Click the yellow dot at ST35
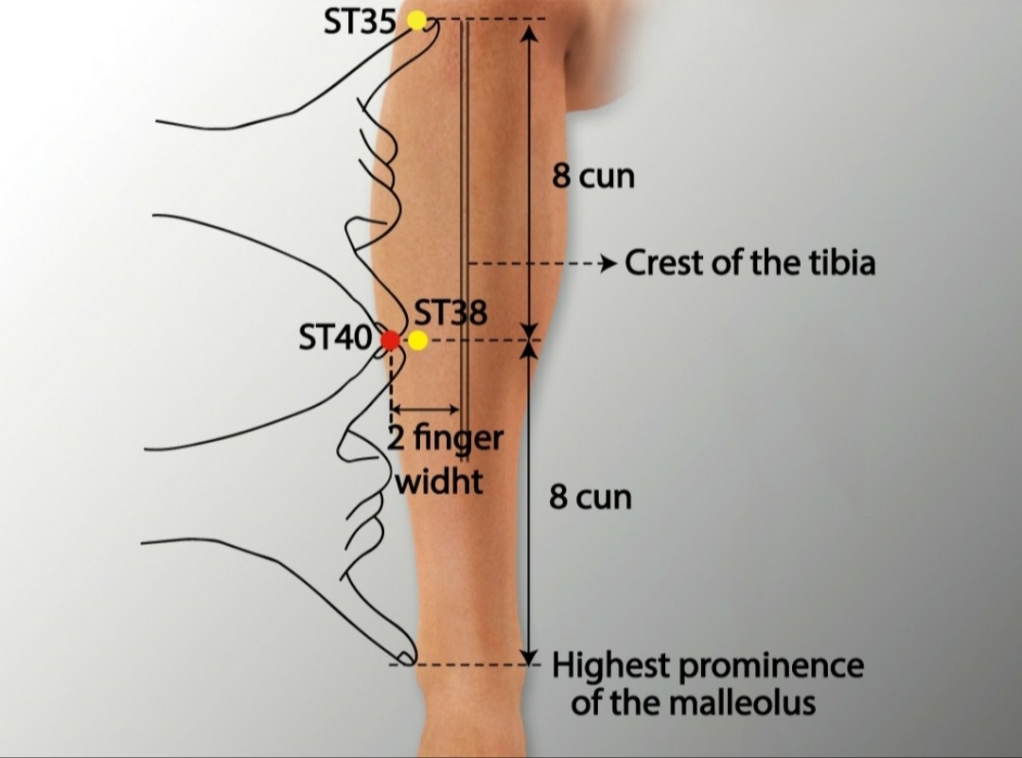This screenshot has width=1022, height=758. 416,20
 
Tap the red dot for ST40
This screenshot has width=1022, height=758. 390,340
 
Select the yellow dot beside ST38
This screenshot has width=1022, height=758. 417,340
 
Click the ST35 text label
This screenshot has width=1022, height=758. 360,22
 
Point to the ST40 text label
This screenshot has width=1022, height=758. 336,338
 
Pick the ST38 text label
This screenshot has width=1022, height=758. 450,313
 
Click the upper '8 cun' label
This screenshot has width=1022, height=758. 593,176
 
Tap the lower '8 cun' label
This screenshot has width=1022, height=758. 590,498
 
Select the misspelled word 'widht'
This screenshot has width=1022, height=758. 439,482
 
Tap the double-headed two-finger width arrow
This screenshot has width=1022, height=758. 425,410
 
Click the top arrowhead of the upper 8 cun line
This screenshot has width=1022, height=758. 530,33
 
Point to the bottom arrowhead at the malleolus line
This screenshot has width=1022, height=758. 530,656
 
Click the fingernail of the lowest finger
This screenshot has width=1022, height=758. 404,656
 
